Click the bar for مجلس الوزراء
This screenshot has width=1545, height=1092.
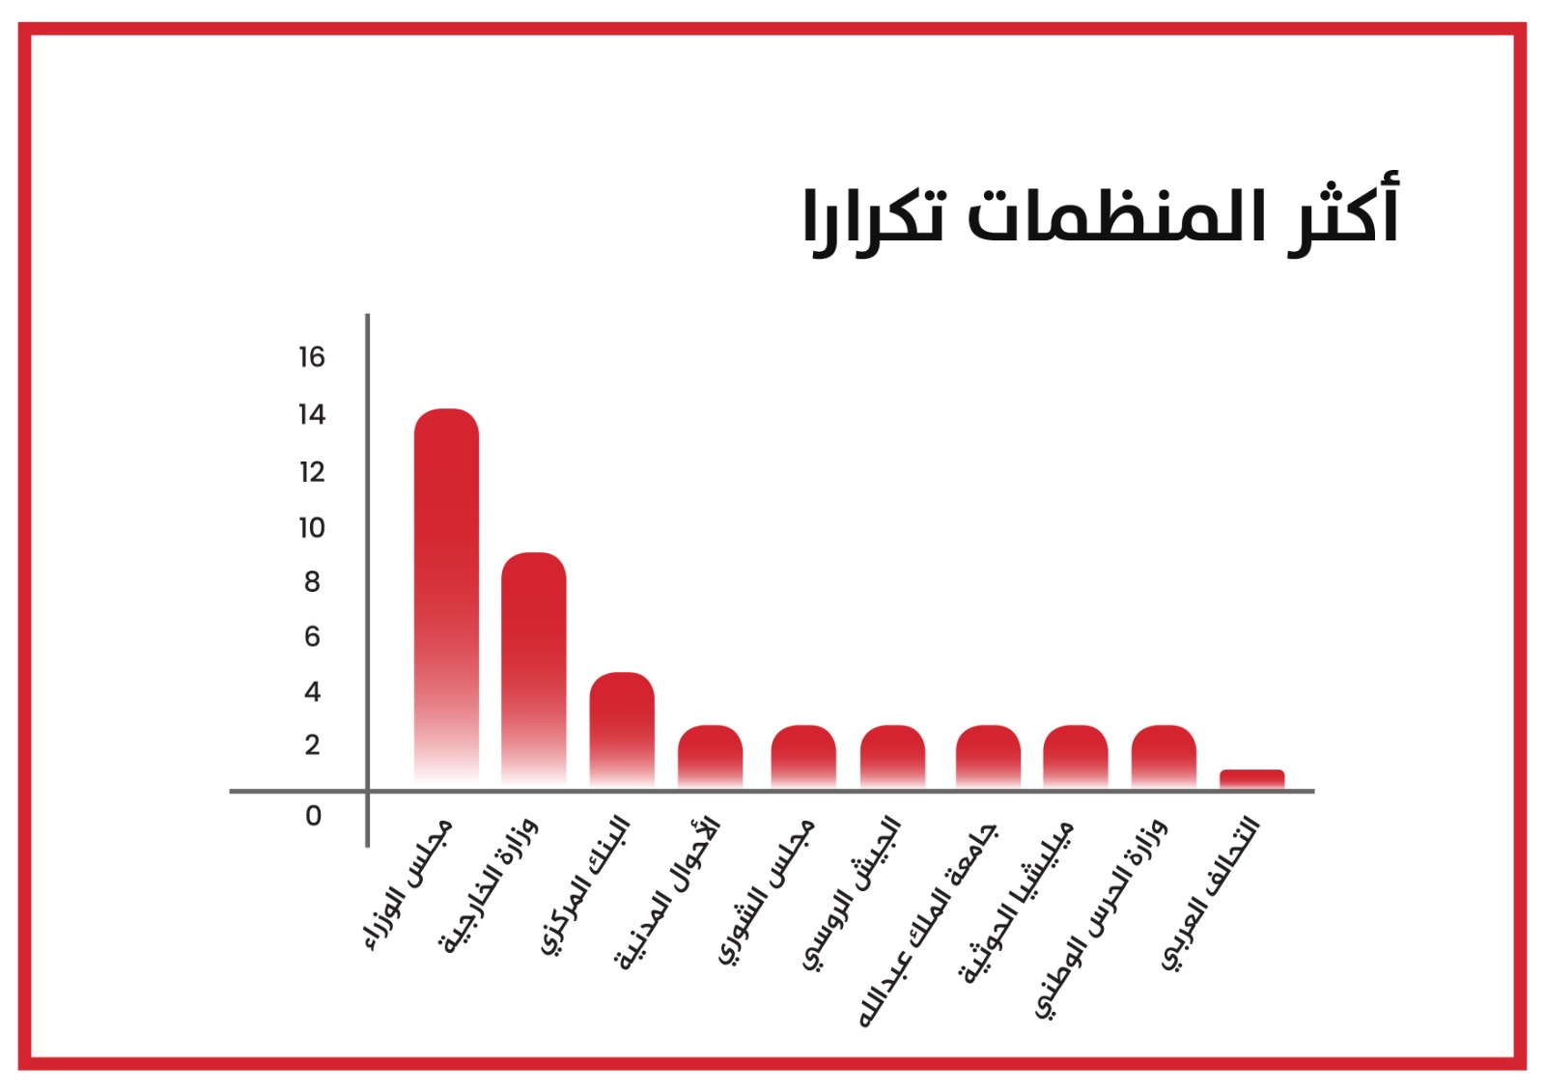(x=446, y=598)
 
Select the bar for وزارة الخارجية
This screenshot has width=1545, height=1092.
(x=534, y=669)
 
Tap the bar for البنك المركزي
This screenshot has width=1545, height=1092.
(x=622, y=729)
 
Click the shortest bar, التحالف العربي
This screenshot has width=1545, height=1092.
(x=1251, y=778)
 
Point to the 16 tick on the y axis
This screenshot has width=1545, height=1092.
(x=312, y=357)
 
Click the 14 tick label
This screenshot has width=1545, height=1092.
(x=312, y=414)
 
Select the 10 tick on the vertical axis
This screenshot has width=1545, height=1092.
(x=312, y=528)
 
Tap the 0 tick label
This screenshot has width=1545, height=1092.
(x=313, y=816)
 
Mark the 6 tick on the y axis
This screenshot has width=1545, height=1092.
(x=313, y=636)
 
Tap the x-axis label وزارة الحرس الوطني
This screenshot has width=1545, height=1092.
(x=1101, y=918)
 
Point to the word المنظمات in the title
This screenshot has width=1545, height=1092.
(x=1116, y=215)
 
